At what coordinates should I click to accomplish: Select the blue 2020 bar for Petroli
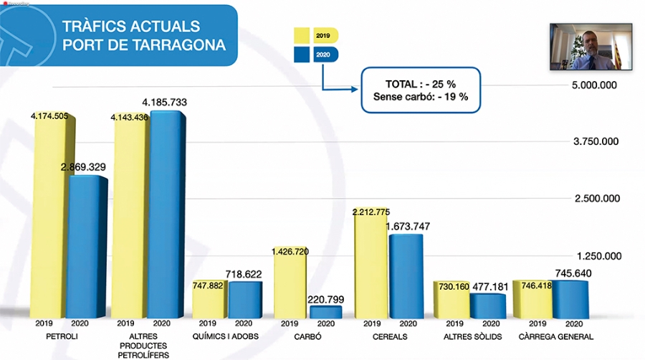tap(86, 247)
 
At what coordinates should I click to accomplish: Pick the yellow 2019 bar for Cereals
tap(371, 265)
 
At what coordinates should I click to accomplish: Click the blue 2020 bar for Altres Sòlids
tap(487, 305)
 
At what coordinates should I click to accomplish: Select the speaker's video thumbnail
tap(591, 47)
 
